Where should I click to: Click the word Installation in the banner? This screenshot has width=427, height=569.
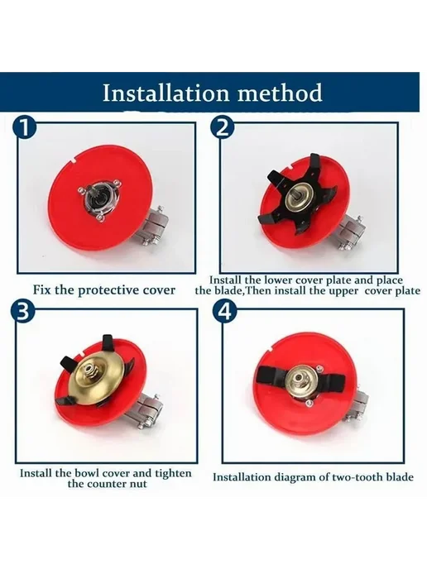tap(166, 93)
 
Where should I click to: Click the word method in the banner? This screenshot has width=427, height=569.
tap(280, 93)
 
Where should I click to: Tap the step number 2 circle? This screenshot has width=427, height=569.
tap(223, 127)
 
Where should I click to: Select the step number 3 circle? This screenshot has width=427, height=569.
tap(22, 311)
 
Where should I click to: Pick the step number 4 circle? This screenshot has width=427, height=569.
tap(225, 311)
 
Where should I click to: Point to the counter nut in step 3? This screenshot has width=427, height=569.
tap(89, 371)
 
